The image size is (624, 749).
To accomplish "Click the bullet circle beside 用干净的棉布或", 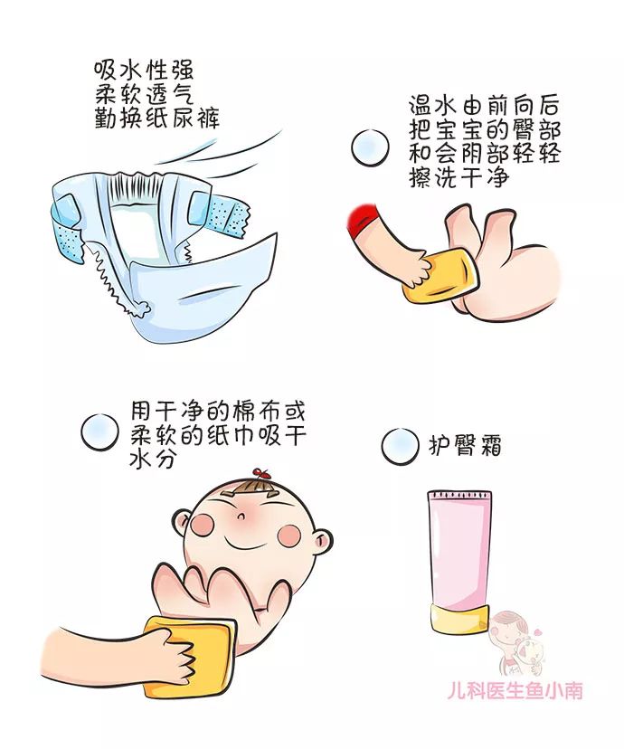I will [x=99, y=431].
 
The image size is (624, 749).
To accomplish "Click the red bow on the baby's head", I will [x=263, y=473].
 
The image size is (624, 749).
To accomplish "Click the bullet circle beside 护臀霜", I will [x=399, y=446].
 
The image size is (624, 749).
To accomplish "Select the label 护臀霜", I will [x=465, y=445].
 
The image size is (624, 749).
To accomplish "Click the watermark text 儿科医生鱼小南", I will [x=515, y=691].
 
